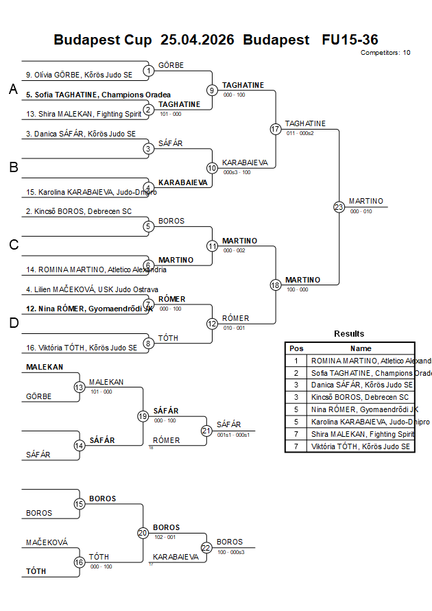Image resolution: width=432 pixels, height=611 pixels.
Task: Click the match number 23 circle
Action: pos(339,207)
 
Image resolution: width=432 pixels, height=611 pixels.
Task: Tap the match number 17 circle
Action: pos(276,129)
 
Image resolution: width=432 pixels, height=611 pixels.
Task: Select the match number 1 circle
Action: pos(149,71)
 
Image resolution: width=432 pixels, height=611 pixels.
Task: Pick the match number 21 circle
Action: pos(206,431)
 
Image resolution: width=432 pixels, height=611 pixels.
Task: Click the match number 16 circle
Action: pos(80,562)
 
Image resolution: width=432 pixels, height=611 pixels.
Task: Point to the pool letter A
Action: pos(13,90)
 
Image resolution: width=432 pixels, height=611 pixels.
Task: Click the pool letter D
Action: pos(14,323)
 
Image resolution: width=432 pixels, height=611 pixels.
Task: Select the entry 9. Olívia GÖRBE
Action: pos(79,75)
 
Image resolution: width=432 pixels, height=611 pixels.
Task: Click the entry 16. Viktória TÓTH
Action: pos(81,348)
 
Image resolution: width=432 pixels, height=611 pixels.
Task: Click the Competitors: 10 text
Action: pos(385,52)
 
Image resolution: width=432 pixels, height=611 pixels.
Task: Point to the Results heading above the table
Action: pos(349,334)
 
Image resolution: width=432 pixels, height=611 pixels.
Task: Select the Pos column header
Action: pos(296,348)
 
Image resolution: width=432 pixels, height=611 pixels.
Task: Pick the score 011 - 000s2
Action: pos(300,133)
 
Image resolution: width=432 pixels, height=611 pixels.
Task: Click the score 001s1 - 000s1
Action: pos(233,435)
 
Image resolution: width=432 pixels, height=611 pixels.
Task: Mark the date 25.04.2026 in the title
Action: pos(198,40)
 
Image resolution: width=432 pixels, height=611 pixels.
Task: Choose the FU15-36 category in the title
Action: pos(350,40)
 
